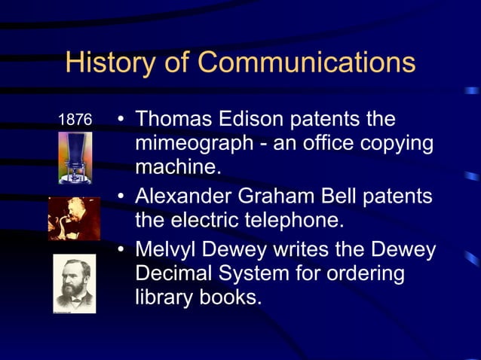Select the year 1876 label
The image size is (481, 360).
click(75, 120)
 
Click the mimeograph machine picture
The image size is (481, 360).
click(75, 157)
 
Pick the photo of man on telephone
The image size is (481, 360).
click(74, 218)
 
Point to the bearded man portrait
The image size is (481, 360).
click(74, 283)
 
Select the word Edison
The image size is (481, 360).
click(255, 120)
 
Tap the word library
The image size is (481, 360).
click(161, 297)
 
